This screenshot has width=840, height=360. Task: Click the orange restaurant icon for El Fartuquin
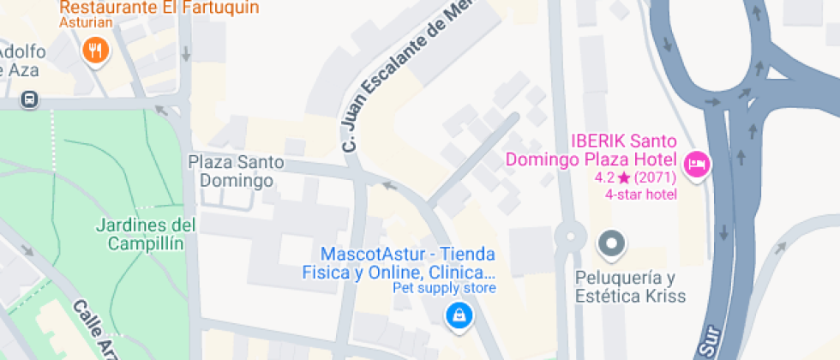point(96,51)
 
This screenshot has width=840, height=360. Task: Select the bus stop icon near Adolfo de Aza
point(30,99)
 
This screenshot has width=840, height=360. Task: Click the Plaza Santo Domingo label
point(236,171)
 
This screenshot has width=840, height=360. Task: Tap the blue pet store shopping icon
point(459,315)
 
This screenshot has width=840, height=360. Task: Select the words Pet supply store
point(444,288)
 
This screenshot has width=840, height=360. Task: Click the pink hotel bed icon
point(698,163)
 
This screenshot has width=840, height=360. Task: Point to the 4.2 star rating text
point(635,178)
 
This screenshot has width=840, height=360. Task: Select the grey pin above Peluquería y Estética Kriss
point(611,244)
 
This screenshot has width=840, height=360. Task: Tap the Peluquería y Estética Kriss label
point(631,286)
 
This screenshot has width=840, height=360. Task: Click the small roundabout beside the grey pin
point(569,236)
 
